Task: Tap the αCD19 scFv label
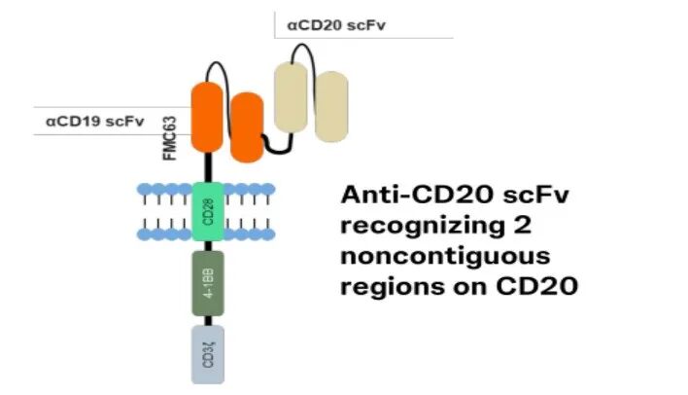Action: tap(88, 123)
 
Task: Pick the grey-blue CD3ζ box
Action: tap(208, 351)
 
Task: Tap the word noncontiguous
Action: tap(445, 258)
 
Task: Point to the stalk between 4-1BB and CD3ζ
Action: tap(208, 320)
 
